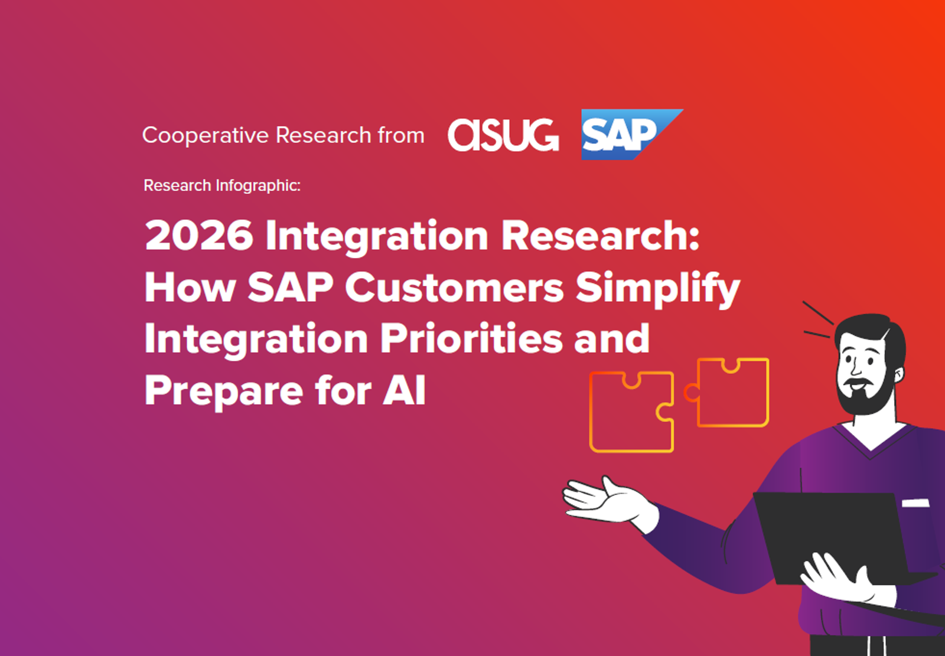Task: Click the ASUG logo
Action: (x=503, y=135)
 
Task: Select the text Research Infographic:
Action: (x=222, y=185)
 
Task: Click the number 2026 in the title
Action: (x=199, y=236)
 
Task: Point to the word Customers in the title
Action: (x=454, y=288)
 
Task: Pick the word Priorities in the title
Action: (x=471, y=339)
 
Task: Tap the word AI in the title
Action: (x=404, y=391)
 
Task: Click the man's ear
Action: (x=898, y=374)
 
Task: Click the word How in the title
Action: (x=190, y=288)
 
